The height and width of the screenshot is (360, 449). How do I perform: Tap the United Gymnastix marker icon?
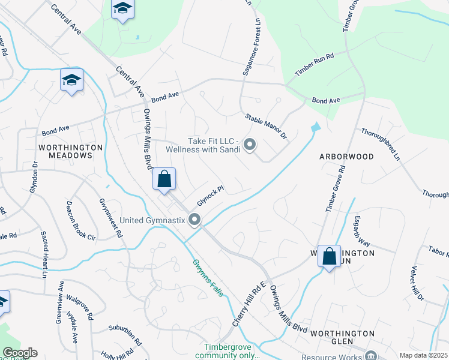(194, 220)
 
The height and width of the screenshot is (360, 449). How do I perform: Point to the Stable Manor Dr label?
(266, 127)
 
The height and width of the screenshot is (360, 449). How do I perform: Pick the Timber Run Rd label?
(314, 64)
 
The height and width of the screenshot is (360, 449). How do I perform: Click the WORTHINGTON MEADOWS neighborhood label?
(66, 151)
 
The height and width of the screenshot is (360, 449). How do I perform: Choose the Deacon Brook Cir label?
(81, 220)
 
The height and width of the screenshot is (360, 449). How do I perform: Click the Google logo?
(20, 353)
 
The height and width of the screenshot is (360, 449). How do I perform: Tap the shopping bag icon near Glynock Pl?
(164, 178)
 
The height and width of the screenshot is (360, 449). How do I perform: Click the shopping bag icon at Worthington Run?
(329, 257)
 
